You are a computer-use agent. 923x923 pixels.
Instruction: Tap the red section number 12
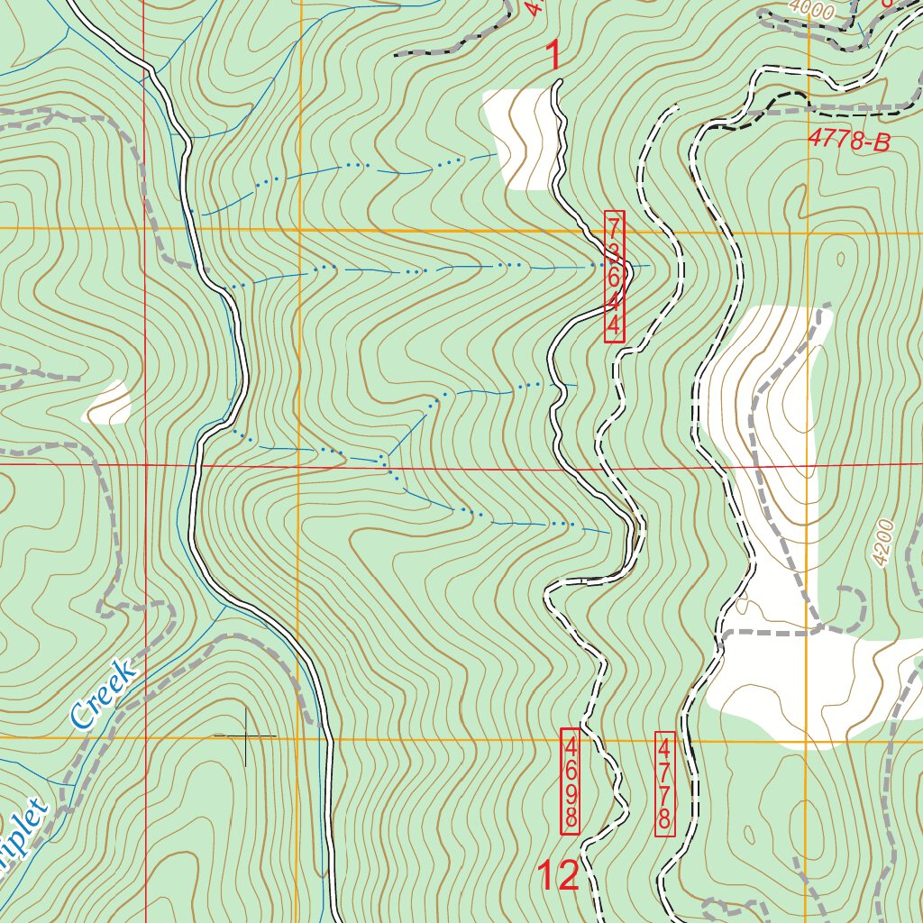coord(557,876)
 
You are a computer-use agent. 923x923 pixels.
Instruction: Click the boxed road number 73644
coord(614,277)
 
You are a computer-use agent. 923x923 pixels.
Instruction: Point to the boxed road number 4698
coord(571,780)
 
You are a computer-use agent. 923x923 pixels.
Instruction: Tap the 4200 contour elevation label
coord(887,543)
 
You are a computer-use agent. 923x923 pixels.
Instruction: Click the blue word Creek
coord(103,694)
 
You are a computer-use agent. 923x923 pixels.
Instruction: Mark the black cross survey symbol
coord(245,736)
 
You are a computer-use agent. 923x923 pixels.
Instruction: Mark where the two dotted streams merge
coord(386,461)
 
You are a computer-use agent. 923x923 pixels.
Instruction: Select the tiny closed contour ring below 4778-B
coord(840,260)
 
